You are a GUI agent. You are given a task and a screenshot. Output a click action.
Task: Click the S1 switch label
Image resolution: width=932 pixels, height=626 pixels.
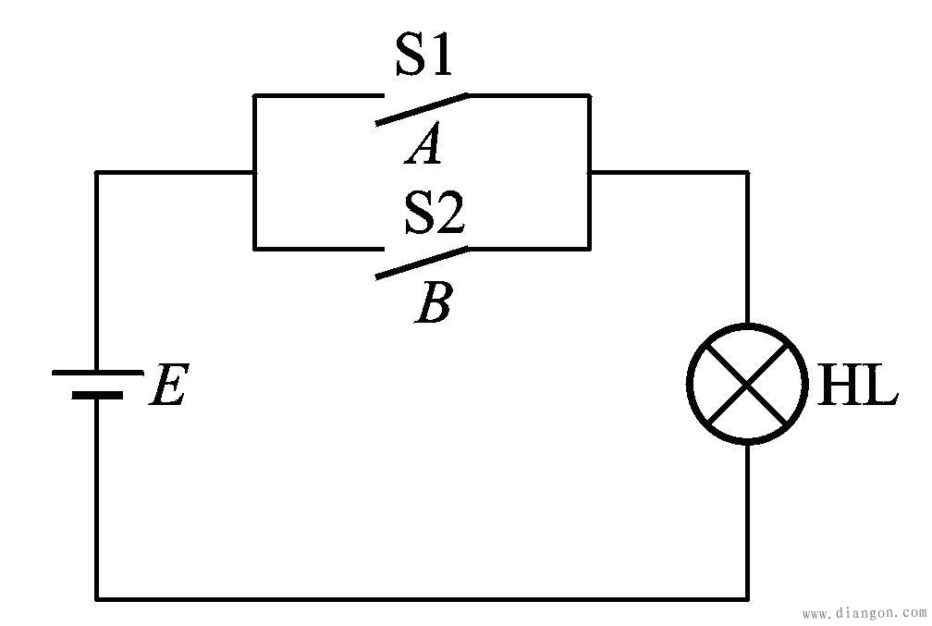(x=423, y=55)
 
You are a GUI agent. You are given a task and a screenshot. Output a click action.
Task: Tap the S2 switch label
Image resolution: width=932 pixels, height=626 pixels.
(x=435, y=212)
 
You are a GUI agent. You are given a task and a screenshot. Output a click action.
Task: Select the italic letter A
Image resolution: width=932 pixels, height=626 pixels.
(x=423, y=143)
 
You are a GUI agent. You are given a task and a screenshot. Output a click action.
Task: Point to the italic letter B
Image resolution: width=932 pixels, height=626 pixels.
(x=434, y=302)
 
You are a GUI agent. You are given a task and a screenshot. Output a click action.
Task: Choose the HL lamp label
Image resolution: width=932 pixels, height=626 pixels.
(x=857, y=384)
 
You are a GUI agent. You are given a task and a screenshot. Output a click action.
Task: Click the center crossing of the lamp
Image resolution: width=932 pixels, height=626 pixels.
(x=747, y=384)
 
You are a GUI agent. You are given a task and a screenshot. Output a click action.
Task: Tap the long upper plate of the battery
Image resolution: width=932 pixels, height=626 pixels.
(x=97, y=373)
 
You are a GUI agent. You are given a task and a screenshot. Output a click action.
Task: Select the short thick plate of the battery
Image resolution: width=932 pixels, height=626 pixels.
(x=97, y=395)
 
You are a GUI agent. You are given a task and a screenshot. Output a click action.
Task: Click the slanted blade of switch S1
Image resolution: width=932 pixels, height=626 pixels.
(x=422, y=109)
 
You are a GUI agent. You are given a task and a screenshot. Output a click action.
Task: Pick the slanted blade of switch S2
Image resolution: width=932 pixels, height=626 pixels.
(x=422, y=263)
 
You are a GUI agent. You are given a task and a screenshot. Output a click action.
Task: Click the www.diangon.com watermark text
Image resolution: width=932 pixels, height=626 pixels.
(x=864, y=613)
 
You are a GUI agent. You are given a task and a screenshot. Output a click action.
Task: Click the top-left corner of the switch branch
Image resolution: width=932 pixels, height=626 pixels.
(x=255, y=95)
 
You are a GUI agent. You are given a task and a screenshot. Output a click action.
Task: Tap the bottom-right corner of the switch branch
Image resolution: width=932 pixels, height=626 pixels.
(x=589, y=249)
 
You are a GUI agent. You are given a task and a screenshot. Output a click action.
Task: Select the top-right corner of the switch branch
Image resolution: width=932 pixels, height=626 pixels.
(x=589, y=95)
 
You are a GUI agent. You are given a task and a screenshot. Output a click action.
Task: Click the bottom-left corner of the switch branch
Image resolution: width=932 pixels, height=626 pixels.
(x=255, y=249)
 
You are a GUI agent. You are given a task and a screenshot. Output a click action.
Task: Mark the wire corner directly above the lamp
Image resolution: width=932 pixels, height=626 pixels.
(x=747, y=172)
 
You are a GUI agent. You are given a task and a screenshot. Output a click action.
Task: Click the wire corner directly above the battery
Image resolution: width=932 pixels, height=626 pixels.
(x=97, y=172)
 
